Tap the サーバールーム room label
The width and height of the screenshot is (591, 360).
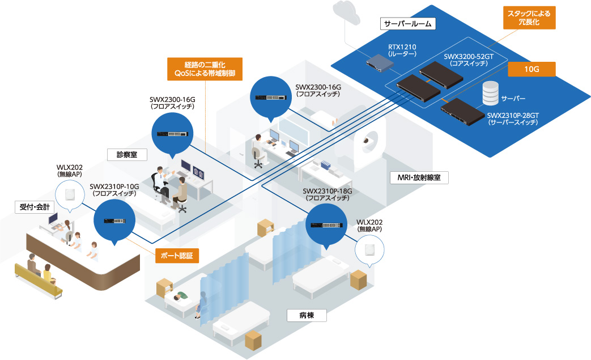pos(408,23)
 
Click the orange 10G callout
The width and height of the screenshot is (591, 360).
pos(532,69)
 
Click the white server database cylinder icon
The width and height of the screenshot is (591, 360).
pos(490,95)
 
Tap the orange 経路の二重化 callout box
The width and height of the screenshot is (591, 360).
pos(205,69)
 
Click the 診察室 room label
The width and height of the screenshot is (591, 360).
pos(127,154)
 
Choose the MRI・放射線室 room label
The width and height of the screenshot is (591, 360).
pos(419,178)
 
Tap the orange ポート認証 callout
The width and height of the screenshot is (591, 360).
pos(177,256)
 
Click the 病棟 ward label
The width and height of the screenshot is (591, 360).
pos(307,315)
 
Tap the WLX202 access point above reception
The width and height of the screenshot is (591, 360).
pos(70,193)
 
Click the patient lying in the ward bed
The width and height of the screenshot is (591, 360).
pos(182,297)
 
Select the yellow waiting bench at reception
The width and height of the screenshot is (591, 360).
pos(40,283)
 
